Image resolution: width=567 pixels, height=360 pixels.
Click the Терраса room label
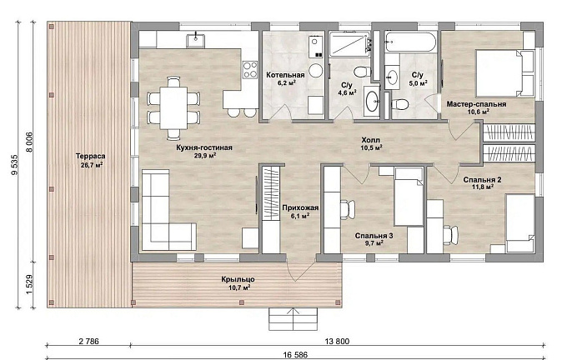[x=90, y=156]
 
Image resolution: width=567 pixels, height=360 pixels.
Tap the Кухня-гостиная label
[x=204, y=147]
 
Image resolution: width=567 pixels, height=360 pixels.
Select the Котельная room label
[x=285, y=75]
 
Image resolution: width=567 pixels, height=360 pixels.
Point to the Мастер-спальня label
[x=476, y=104]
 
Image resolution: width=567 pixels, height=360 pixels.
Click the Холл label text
[x=371, y=140]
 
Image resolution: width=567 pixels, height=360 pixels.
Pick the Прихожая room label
[x=300, y=207]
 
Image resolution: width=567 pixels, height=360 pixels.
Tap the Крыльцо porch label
[x=238, y=279]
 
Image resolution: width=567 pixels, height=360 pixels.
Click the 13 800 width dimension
[x=337, y=341]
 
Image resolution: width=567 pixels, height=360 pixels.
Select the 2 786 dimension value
[x=88, y=341]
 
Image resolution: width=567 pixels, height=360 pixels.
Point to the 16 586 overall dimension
[x=295, y=355]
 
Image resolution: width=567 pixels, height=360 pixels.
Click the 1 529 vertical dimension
[x=30, y=285]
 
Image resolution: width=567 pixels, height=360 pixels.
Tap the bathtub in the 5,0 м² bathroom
[x=410, y=42]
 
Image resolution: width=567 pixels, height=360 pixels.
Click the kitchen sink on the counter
[x=195, y=41]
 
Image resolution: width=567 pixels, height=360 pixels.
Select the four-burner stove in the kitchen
[x=250, y=69]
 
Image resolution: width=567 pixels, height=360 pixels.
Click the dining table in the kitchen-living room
[x=173, y=107]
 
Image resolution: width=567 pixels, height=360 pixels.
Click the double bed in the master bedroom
[x=504, y=73]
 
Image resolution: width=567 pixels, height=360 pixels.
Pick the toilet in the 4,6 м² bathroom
[x=362, y=72]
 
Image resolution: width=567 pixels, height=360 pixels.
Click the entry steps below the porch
[x=293, y=319]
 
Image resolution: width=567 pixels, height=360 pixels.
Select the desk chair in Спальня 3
[x=347, y=210]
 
